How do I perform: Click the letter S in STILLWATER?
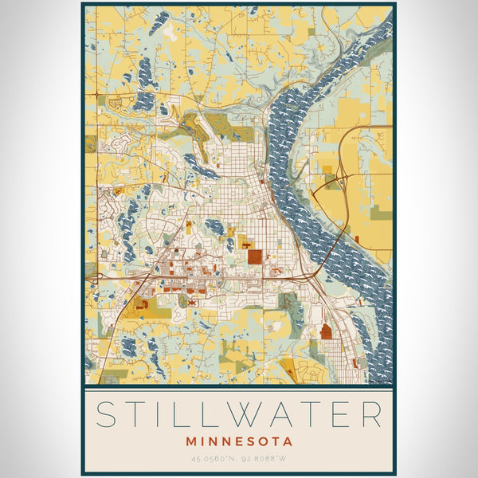coord(109,415)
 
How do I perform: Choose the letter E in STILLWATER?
coord(342,415)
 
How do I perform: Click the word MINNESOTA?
coord(239,441)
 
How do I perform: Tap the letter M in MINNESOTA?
coord(191,441)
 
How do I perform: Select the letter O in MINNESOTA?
coord(261,441)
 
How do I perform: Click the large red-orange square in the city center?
coord(254,257)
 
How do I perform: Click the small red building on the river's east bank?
coord(357,239)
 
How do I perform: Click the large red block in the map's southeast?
coord(326,331)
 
